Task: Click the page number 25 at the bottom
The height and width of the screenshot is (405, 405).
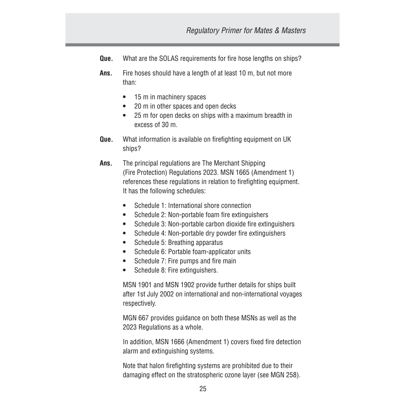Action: pyautogui.click(x=202, y=389)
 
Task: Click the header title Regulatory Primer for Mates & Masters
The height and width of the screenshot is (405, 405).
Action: pyautogui.click(x=246, y=30)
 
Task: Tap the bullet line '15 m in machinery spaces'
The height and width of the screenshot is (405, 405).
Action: pyautogui.click(x=170, y=97)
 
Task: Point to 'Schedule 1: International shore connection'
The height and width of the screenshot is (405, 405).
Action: pyautogui.click(x=192, y=206)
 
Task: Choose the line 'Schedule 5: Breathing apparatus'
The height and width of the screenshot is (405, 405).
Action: pyautogui.click(x=178, y=243)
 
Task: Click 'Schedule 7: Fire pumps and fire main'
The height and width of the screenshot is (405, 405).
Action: pyautogui.click(x=185, y=261)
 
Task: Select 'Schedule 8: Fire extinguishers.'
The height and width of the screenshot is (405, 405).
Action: pyautogui.click(x=176, y=270)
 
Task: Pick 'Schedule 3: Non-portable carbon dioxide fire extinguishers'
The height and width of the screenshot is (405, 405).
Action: pyautogui.click(x=214, y=224)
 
